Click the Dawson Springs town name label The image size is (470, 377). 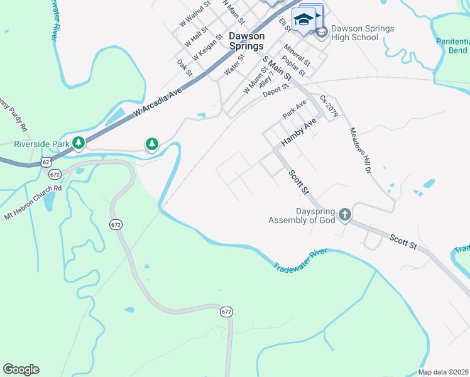[x=246, y=41]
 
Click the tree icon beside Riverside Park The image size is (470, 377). [x=79, y=144]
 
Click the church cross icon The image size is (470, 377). [x=344, y=216]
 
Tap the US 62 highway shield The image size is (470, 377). [x=46, y=162]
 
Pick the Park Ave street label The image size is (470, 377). [x=294, y=109]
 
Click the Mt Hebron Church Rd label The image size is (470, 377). [x=33, y=201]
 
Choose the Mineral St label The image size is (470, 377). [x=297, y=55]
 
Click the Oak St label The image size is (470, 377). [x=185, y=68]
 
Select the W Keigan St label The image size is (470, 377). [x=208, y=47]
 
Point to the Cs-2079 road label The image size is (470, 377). [x=329, y=107]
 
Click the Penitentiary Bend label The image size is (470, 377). [x=452, y=46]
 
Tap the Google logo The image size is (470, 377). [x=21, y=369]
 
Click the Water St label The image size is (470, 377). [x=234, y=63]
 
